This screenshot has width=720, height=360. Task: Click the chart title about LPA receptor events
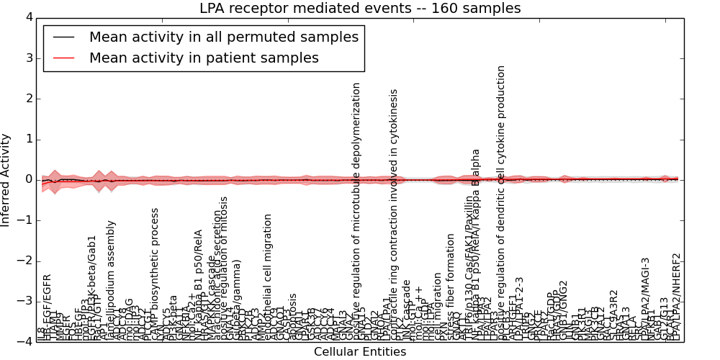coord(360,8)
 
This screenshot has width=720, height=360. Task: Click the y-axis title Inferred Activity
coord(6,179)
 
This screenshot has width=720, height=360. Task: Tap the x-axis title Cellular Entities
coord(360,352)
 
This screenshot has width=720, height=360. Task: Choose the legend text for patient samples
coord(204,58)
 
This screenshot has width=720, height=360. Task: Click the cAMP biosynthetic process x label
coord(155,274)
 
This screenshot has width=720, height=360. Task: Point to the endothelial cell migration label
coord(268,277)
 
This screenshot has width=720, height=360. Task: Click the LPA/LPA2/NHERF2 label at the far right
coord(675,297)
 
